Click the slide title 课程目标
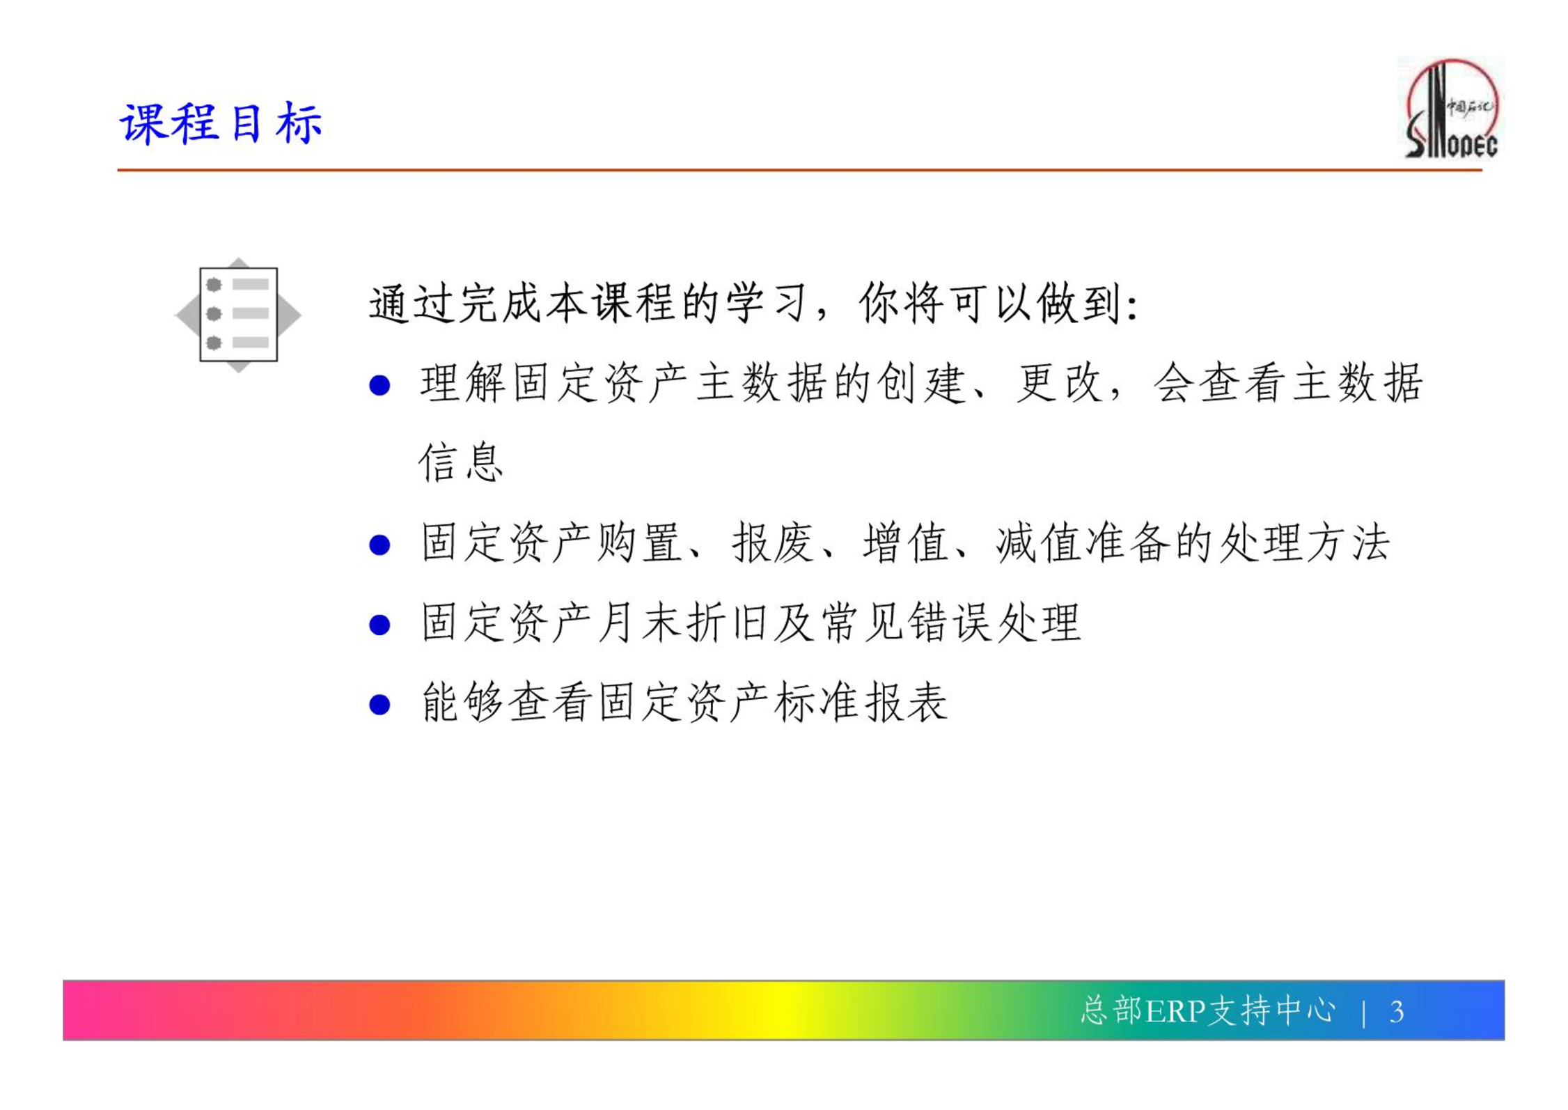pyautogui.click(x=221, y=124)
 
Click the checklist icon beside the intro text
pyautogui.click(x=238, y=315)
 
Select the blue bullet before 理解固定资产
pyautogui.click(x=379, y=385)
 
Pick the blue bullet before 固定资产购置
pyautogui.click(x=379, y=545)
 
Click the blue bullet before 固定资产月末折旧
pyautogui.click(x=379, y=625)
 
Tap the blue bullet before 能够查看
pyautogui.click(x=379, y=705)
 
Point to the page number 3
pyautogui.click(x=1396, y=1012)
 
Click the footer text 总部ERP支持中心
pyautogui.click(x=1208, y=1010)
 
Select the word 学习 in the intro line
pyautogui.click(x=767, y=304)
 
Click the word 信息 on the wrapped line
pyautogui.click(x=460, y=462)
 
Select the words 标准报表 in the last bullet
pyautogui.click(x=861, y=702)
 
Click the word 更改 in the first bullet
pyautogui.click(x=1060, y=383)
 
